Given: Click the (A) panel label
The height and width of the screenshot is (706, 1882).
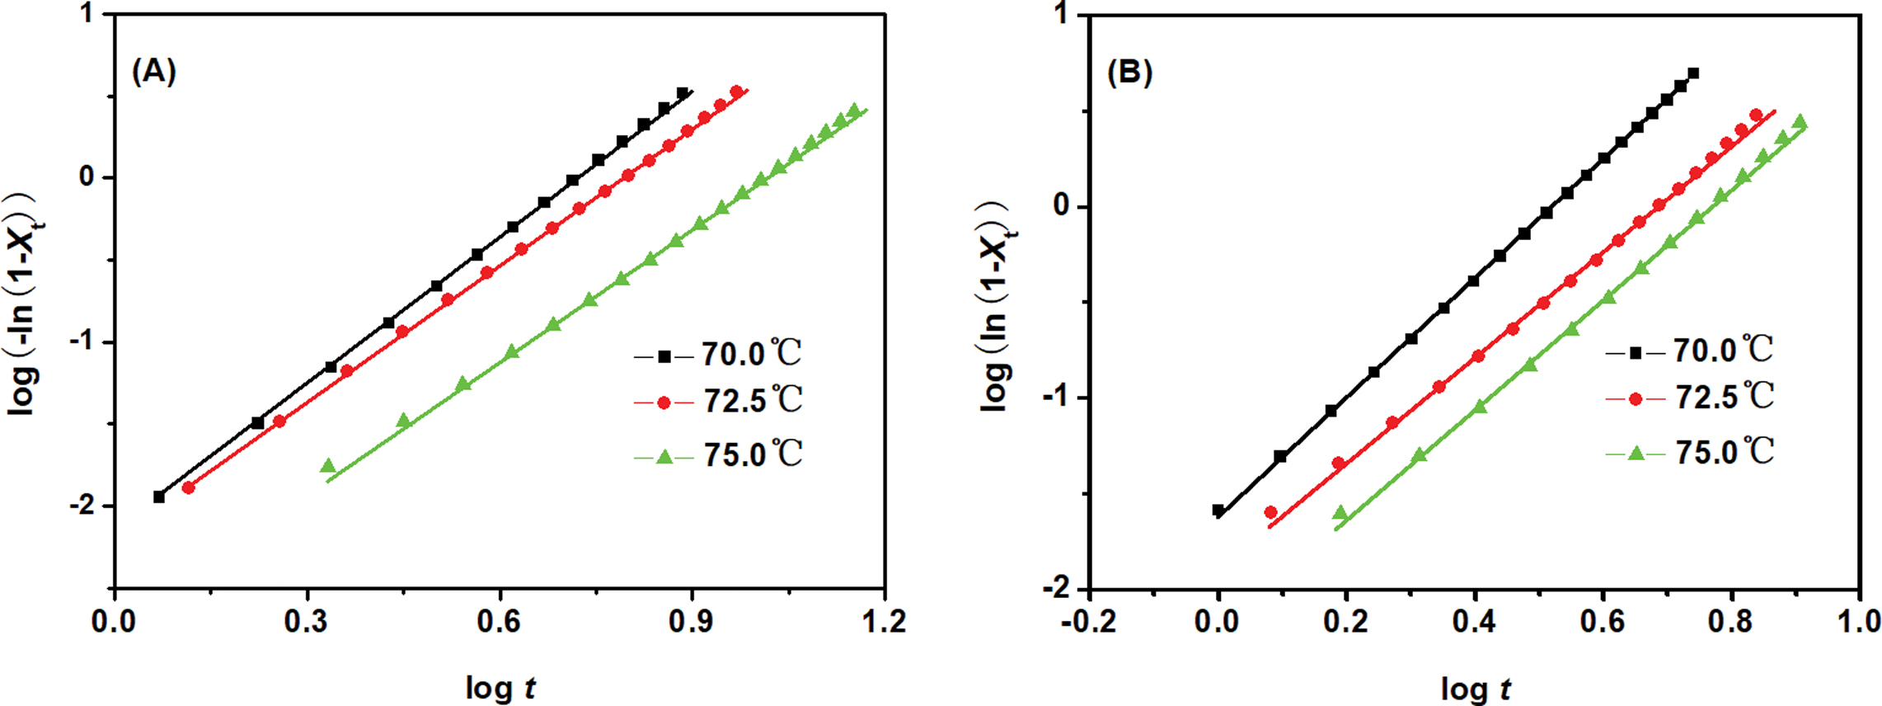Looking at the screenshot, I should (x=154, y=73).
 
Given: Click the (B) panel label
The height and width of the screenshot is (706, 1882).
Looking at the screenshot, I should (x=1129, y=73).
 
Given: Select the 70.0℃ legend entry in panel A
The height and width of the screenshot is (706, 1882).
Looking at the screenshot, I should (x=717, y=355).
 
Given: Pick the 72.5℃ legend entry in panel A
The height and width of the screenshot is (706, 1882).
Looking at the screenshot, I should (x=717, y=402).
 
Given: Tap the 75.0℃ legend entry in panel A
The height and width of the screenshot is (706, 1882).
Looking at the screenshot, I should (x=717, y=454).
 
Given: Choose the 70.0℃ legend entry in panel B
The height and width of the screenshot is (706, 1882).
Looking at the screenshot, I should (x=1689, y=351).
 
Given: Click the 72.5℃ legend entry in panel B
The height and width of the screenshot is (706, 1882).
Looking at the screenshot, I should (x=1689, y=398).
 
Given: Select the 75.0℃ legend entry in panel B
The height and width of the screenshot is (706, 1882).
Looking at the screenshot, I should (x=1689, y=451).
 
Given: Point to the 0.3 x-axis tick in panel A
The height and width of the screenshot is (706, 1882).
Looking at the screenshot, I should (x=307, y=621).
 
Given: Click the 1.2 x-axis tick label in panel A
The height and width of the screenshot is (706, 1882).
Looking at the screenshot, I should (x=884, y=621).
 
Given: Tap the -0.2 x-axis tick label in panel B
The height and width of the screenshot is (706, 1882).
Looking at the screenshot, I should (x=1087, y=621).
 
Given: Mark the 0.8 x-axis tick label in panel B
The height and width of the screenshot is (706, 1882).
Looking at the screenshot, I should (x=1730, y=621).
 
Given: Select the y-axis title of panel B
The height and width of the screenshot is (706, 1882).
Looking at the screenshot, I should (x=997, y=305).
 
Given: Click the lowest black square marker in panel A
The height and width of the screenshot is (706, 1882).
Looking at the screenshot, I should (x=159, y=497).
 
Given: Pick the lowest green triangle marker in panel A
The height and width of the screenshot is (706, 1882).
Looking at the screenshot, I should (x=328, y=467).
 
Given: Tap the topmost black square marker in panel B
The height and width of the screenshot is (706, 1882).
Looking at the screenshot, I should (x=1693, y=73).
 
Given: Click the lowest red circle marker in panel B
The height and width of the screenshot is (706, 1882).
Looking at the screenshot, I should (x=1270, y=512).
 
